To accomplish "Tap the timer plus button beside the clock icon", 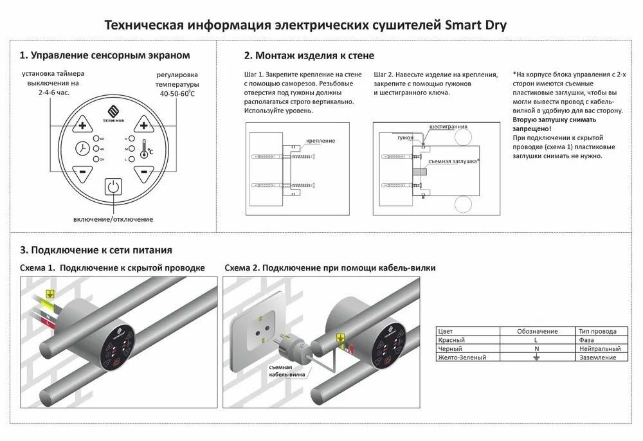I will [x=82, y=125].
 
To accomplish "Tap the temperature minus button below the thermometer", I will [x=143, y=172].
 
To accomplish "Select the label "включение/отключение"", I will [x=113, y=219].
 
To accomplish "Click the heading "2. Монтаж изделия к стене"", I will [x=309, y=56].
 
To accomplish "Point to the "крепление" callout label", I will [x=321, y=140].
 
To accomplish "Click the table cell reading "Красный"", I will [x=451, y=339].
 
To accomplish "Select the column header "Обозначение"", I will [x=537, y=331].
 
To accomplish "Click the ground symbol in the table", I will [x=538, y=357].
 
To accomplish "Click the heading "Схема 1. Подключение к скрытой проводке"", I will [x=113, y=267].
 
